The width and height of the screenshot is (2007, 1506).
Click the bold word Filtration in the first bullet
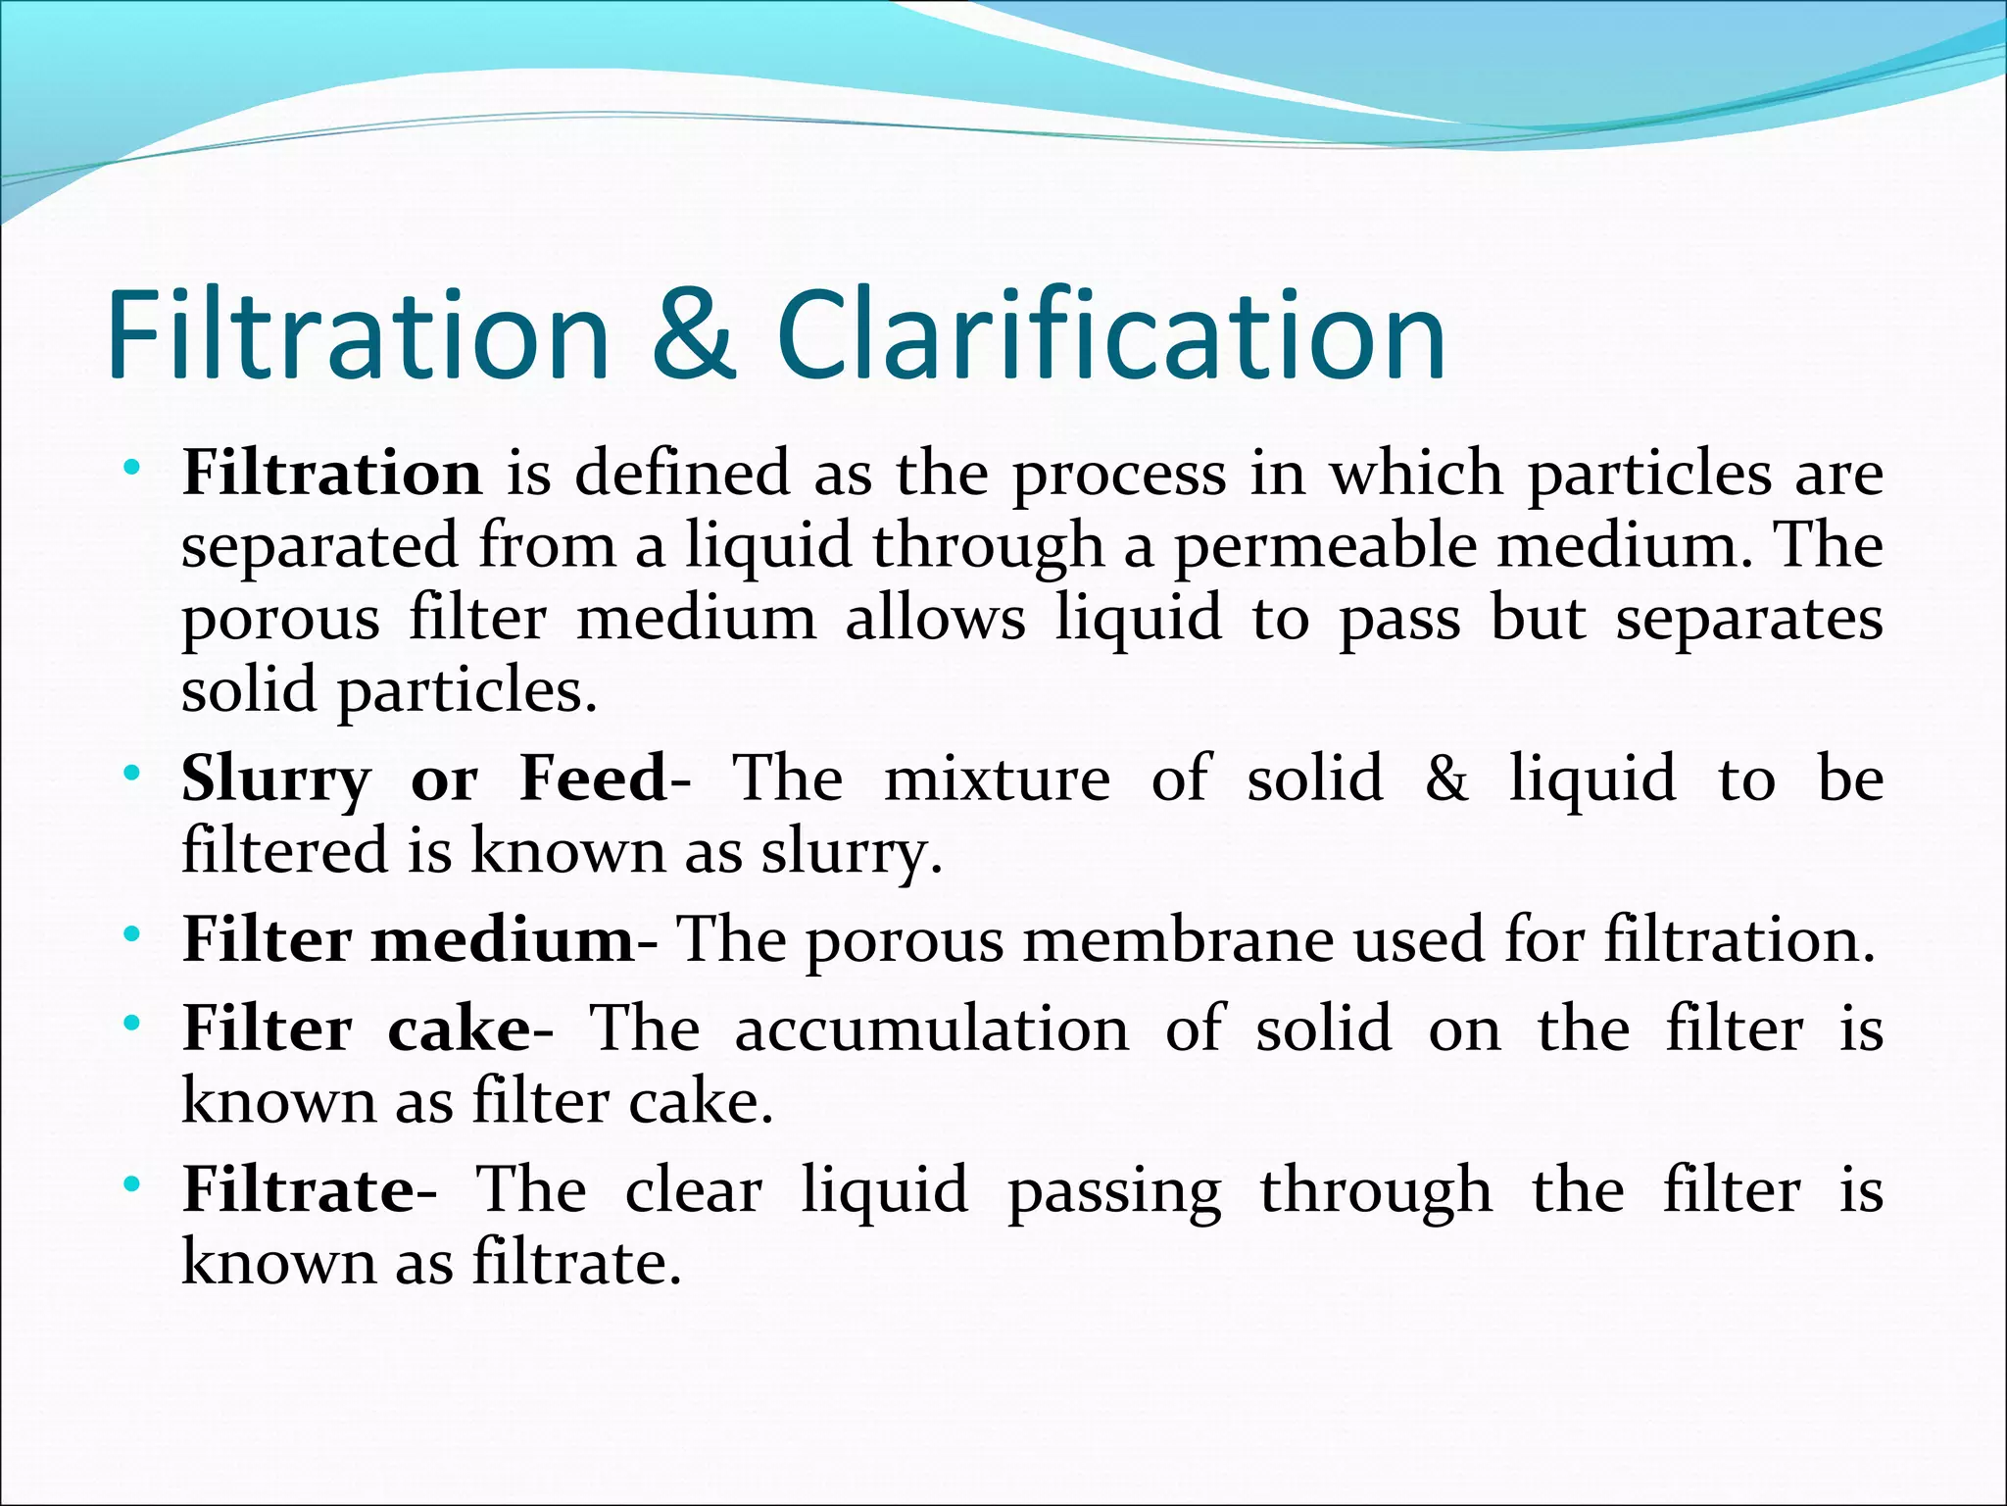click(x=332, y=474)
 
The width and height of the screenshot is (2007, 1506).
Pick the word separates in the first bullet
click(x=1748, y=620)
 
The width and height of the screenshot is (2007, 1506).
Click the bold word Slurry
click(x=276, y=780)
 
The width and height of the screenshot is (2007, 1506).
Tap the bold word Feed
click(x=594, y=778)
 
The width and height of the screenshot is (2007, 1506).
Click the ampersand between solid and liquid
click(x=1445, y=778)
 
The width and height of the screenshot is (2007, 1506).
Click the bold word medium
click(x=505, y=940)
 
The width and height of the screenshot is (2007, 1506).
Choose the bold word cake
click(x=461, y=1029)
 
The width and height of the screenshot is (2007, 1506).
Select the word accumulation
click(x=931, y=1029)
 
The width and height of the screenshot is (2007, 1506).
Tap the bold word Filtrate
click(x=299, y=1190)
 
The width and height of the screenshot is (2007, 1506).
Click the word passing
click(x=1114, y=1192)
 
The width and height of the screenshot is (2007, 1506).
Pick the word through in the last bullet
click(x=1376, y=1192)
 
